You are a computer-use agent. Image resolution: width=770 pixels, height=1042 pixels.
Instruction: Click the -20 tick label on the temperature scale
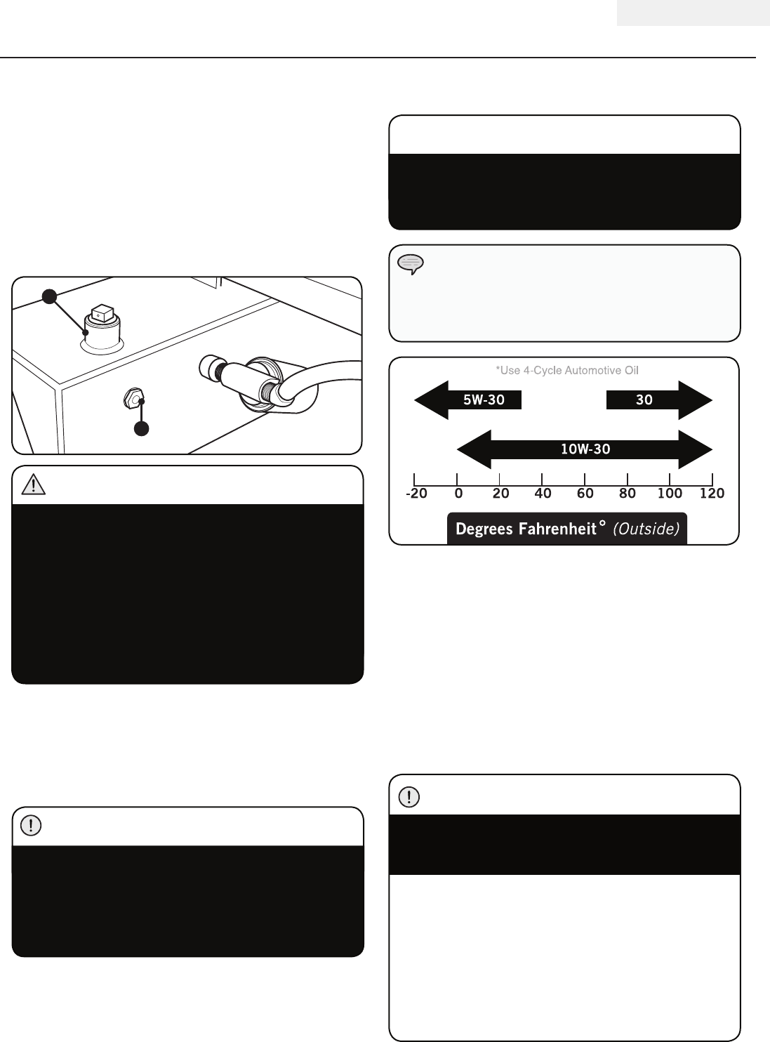pos(416,494)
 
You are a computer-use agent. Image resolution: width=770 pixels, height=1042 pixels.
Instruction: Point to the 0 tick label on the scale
pos(458,494)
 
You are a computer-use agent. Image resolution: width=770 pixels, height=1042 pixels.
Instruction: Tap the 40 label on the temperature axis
pos(543,494)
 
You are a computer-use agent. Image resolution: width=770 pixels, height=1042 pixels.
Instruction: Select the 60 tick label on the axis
pos(585,494)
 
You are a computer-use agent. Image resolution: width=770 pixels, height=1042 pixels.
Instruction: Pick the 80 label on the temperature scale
pos(627,494)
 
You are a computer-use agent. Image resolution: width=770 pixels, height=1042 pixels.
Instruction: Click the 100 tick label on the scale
pos(670,494)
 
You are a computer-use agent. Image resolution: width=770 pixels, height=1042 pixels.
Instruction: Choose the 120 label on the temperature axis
pos(712,494)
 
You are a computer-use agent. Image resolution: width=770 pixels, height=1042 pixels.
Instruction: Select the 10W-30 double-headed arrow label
pos(585,449)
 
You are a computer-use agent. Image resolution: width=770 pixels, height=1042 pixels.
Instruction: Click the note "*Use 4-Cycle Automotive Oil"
pos(567,370)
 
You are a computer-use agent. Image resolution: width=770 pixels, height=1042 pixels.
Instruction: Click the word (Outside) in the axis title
pos(646,529)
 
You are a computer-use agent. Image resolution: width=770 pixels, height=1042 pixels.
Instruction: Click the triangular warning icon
pos(34,484)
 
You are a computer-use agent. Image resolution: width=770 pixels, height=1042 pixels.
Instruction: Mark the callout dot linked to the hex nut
pos(142,428)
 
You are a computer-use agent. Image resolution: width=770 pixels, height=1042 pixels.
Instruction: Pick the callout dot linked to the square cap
pos(48,296)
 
